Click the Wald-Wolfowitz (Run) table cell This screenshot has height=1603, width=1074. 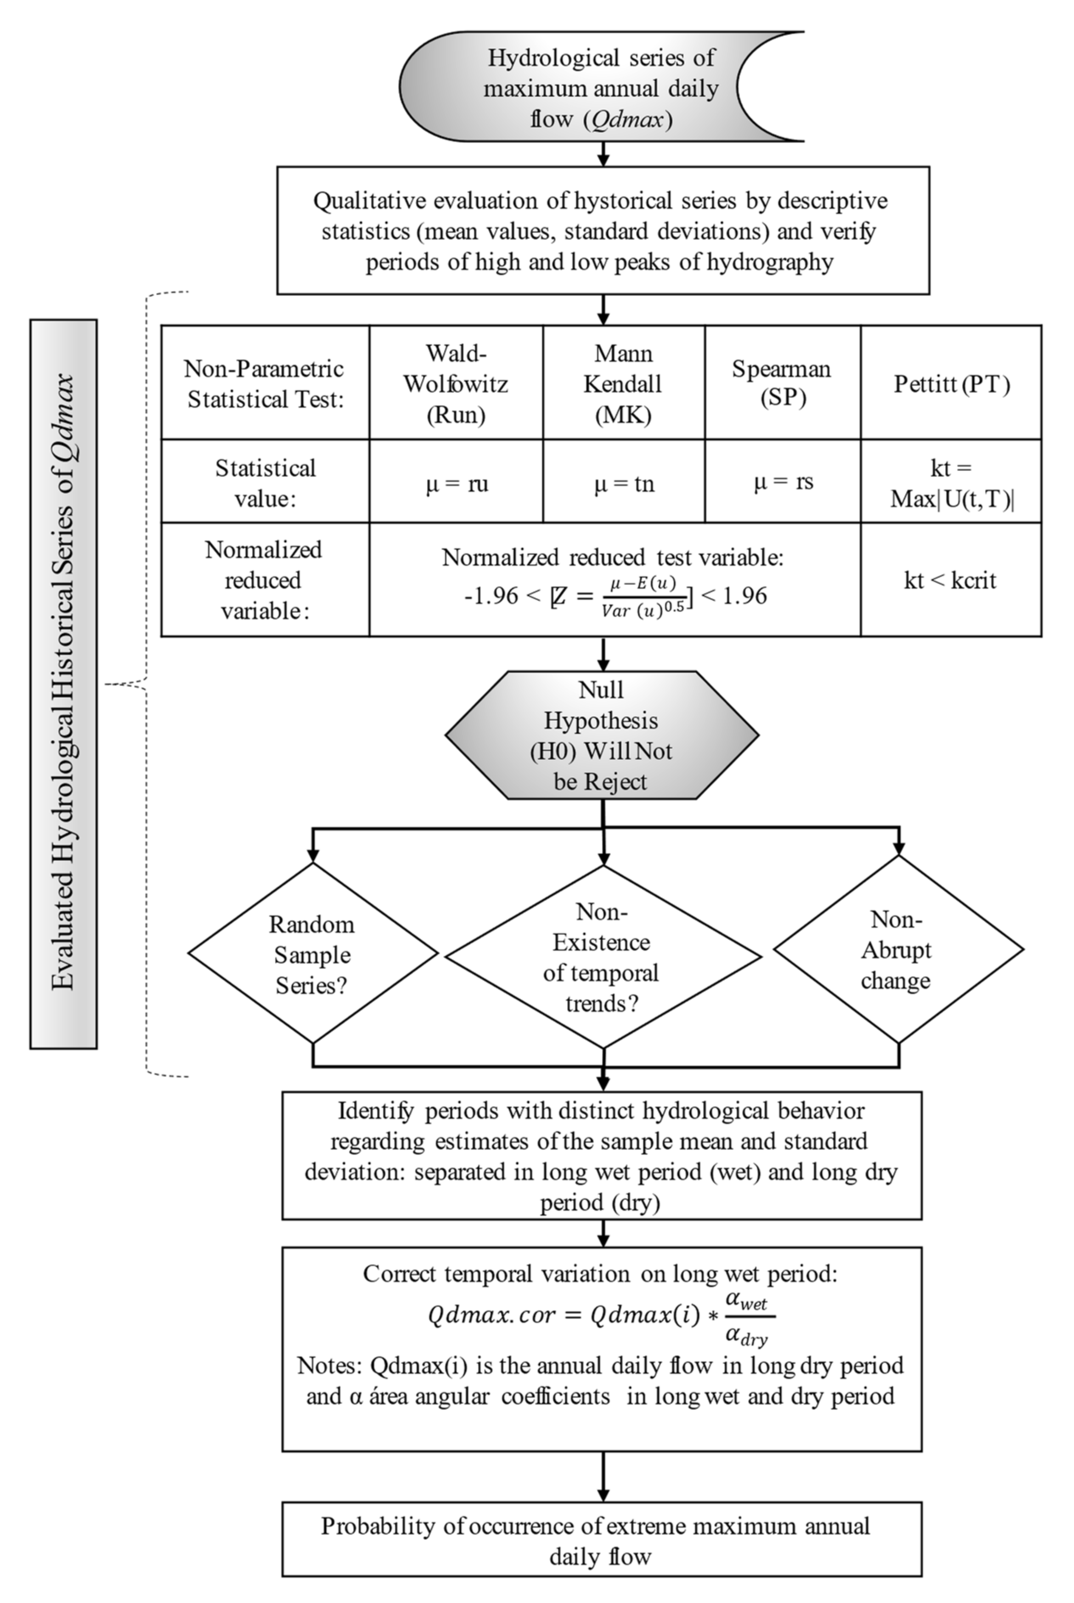[456, 383]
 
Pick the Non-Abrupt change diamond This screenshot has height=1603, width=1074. [897, 950]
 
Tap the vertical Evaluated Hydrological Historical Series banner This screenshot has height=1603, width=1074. [64, 683]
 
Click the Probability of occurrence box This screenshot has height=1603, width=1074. [601, 1540]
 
